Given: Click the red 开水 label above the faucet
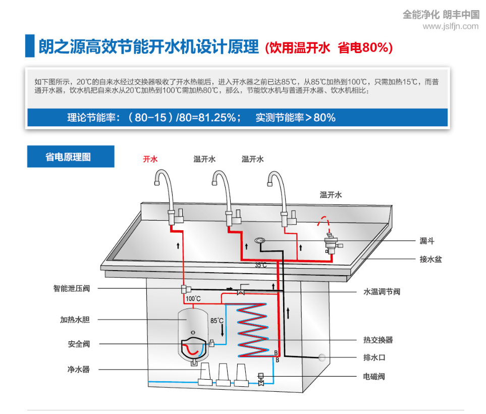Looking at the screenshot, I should (x=150, y=159).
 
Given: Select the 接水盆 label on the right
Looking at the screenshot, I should (x=430, y=259).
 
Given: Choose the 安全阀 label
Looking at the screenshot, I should (x=79, y=344).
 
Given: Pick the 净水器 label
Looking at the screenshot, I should (x=79, y=370).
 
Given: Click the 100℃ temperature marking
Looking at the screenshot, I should (x=193, y=299).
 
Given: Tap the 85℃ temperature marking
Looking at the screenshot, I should (x=217, y=321).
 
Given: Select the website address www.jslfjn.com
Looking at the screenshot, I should (x=450, y=26).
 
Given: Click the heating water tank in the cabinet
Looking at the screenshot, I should (x=193, y=331).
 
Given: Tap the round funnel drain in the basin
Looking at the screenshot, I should (x=261, y=240).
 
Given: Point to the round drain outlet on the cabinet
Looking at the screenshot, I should (x=321, y=357).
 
